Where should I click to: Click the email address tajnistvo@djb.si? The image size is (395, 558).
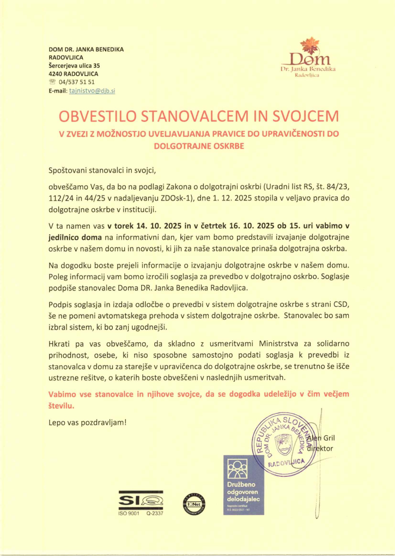pos(92,91)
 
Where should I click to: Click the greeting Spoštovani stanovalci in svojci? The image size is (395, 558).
pos(102,171)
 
